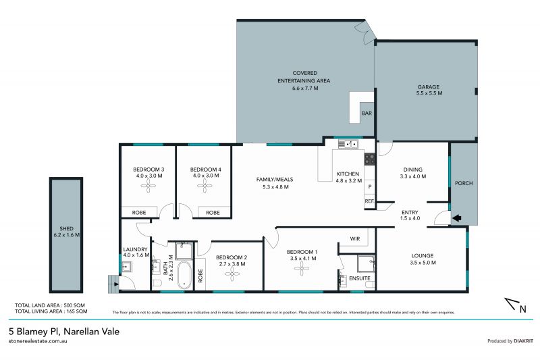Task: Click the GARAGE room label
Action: pyautogui.click(x=428, y=87)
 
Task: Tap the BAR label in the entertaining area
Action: pyautogui.click(x=367, y=113)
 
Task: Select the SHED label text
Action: pyautogui.click(x=65, y=231)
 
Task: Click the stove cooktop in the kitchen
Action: pyautogui.click(x=370, y=159)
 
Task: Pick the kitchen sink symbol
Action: pyautogui.click(x=348, y=144)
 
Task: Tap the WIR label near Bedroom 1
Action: pyautogui.click(x=355, y=238)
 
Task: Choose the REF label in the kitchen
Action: pyautogui.click(x=369, y=201)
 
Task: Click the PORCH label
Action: pyautogui.click(x=464, y=183)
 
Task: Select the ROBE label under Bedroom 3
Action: pyautogui.click(x=139, y=213)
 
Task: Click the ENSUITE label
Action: pyautogui.click(x=358, y=278)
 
